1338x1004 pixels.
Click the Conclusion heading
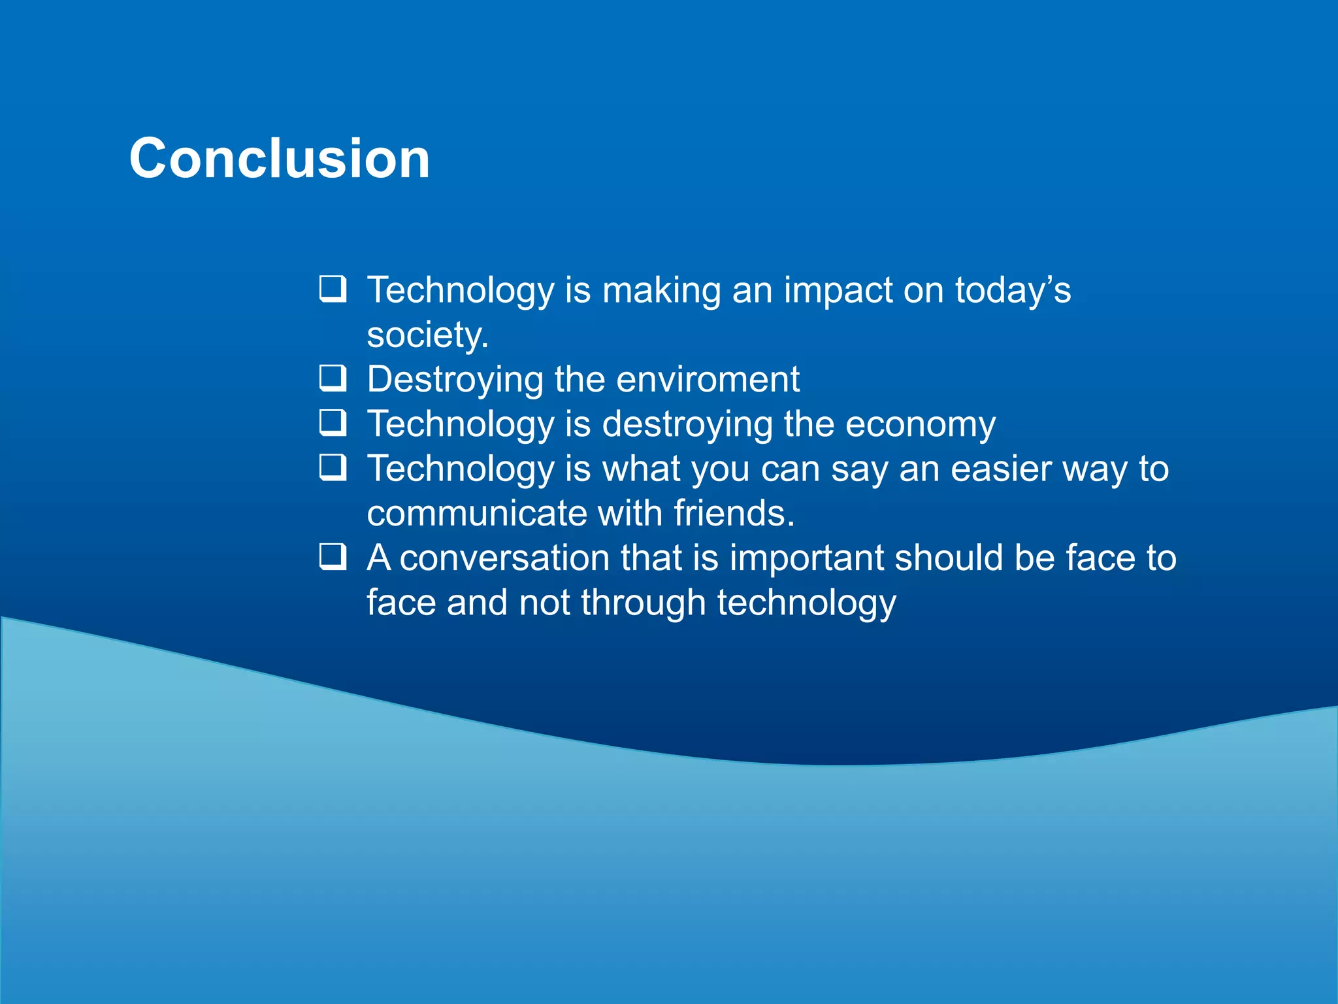[x=280, y=159]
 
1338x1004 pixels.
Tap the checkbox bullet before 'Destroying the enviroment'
[x=333, y=378]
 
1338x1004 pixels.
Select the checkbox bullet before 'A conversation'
[x=333, y=557]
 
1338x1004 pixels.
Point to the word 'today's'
[x=1013, y=290]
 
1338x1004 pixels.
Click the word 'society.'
[x=427, y=335]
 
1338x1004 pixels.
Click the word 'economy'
[x=921, y=425]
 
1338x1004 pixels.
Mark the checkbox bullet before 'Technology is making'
[x=333, y=288]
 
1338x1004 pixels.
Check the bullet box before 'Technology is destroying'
[x=333, y=422]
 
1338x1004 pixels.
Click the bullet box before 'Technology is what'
[x=333, y=467]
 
